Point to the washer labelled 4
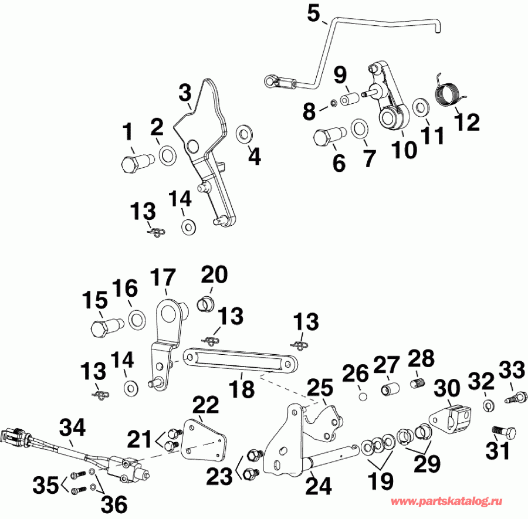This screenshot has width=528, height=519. [x=243, y=133]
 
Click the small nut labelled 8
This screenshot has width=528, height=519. [x=333, y=103]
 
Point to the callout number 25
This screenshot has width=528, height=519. [x=319, y=388]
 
